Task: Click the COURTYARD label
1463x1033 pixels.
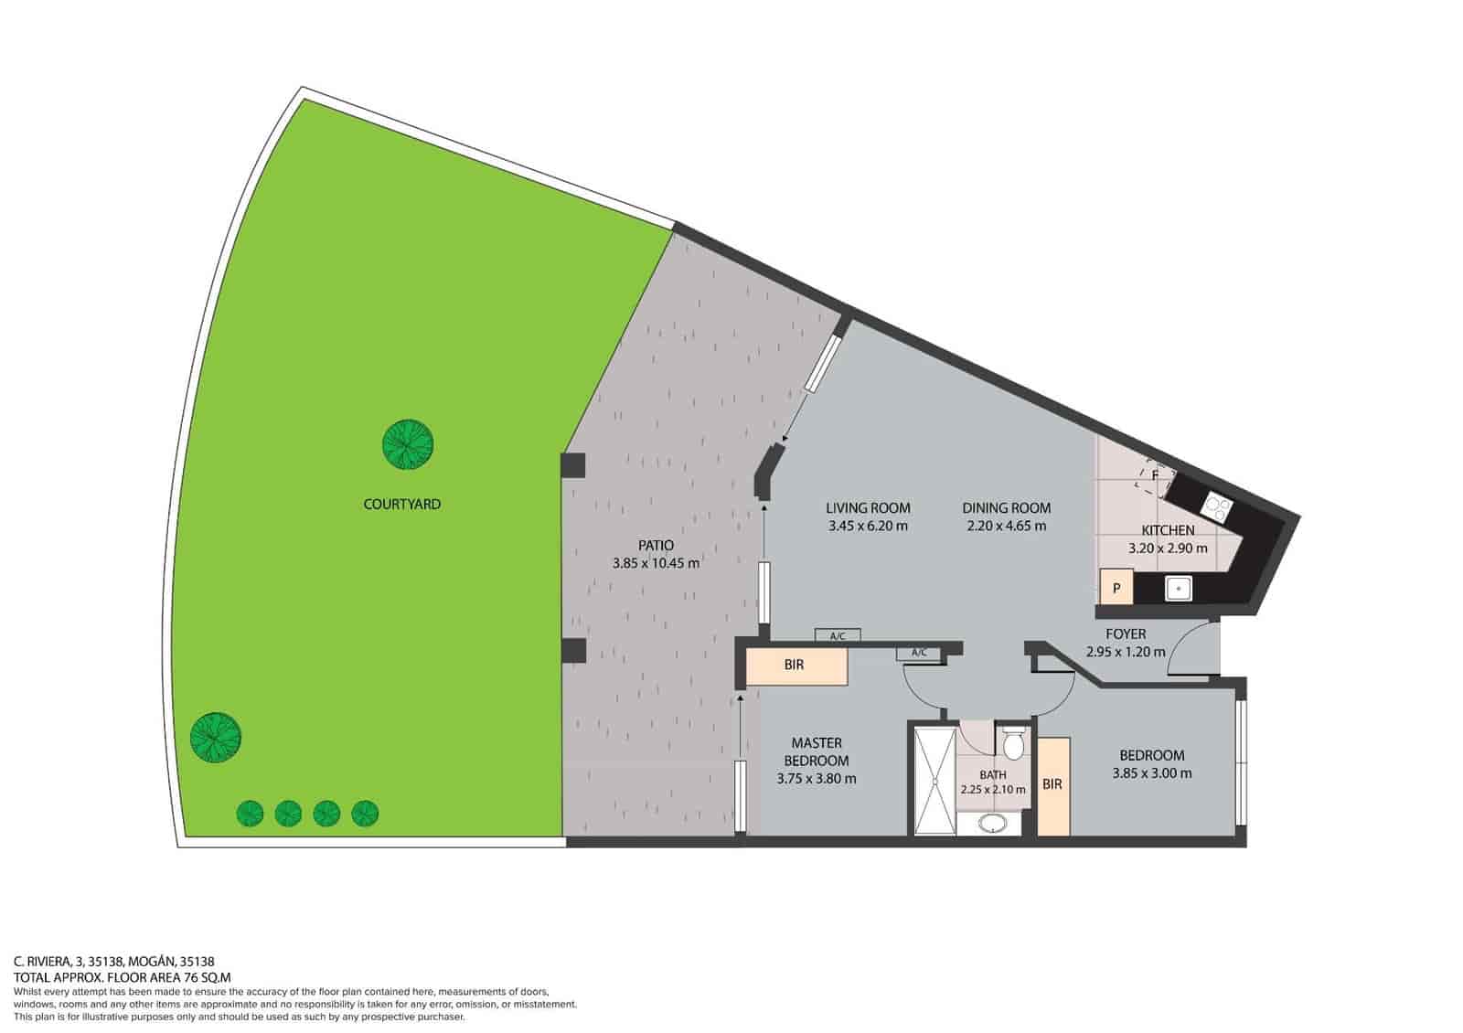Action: [x=401, y=504]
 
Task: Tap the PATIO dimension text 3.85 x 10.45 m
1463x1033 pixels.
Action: [x=656, y=563]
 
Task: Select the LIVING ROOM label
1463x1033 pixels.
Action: [x=868, y=508]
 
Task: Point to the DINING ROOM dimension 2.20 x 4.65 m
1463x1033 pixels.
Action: [x=1006, y=526]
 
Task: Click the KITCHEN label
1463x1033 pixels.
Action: [x=1168, y=530]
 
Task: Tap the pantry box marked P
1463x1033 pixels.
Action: [x=1116, y=588]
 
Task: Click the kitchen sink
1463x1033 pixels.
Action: [x=1178, y=588]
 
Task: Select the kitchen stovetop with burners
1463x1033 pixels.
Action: [x=1217, y=504]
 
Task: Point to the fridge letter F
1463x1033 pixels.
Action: [x=1155, y=475]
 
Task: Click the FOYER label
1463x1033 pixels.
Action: [x=1126, y=634]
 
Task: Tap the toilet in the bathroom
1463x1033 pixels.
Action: [x=1012, y=745]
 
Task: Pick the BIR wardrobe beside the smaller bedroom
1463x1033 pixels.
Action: [x=1052, y=784]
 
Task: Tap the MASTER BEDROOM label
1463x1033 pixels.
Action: [x=817, y=751]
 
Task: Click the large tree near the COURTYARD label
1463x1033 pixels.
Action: [x=407, y=445]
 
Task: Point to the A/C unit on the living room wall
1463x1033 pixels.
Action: [x=837, y=635]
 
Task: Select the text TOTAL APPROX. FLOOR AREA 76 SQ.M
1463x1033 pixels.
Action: [x=123, y=976]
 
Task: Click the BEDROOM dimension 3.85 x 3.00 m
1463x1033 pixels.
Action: [x=1151, y=772]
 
